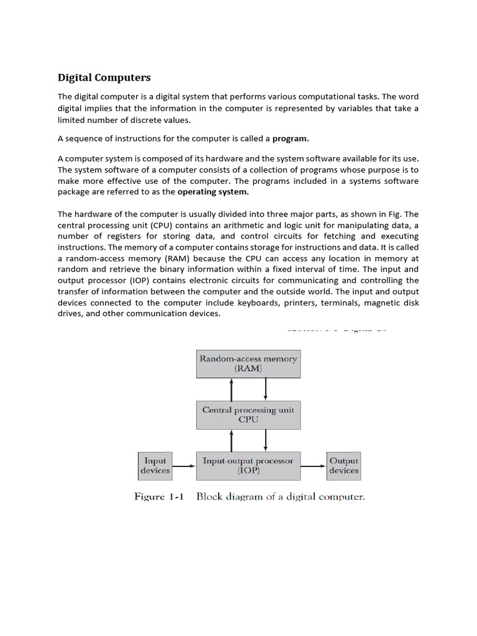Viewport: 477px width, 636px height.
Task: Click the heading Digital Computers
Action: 104,78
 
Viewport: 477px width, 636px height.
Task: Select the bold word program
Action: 291,139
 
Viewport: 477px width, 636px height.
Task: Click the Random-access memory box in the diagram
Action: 248,363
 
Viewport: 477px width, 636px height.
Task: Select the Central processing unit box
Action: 248,414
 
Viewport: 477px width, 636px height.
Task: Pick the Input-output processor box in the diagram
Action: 248,465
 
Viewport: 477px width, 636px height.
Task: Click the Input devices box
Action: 155,465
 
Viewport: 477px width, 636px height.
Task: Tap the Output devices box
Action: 343,465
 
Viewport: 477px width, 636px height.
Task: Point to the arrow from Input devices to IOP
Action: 184,465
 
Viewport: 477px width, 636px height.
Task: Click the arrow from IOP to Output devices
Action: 314,465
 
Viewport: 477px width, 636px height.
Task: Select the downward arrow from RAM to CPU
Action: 265,389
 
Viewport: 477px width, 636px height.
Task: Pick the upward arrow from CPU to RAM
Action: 232,389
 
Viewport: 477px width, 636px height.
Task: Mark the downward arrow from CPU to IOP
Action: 265,440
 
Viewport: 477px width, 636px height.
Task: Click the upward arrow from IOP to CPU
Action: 232,440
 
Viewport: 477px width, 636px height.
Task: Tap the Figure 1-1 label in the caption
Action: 160,497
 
